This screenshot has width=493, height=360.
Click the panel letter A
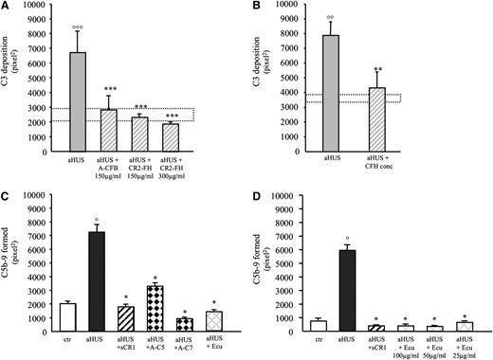pos(7,8)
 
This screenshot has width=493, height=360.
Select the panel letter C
pos(7,187)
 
